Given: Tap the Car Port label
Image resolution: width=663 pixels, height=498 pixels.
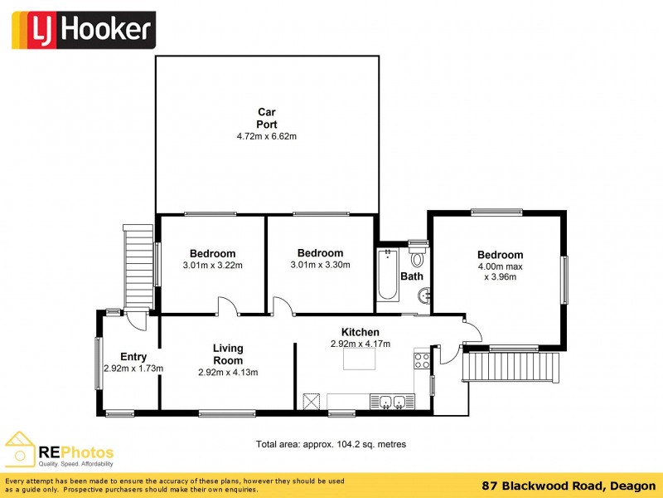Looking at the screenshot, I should tap(267, 118).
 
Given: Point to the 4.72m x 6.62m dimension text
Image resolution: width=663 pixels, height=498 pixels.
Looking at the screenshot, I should tap(267, 136).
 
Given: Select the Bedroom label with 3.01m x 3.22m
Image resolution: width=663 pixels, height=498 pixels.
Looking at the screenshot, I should tap(212, 254).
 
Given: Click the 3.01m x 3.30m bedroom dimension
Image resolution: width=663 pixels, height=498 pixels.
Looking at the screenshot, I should tap(320, 266).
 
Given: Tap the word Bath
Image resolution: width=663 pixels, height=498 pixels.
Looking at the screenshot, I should tap(412, 276).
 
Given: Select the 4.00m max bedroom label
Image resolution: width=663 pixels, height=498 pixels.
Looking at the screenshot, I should tap(500, 266).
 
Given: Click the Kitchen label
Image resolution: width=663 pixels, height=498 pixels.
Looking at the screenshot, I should tap(361, 332).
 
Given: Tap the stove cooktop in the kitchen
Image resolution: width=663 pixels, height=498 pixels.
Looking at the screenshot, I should tap(421, 360).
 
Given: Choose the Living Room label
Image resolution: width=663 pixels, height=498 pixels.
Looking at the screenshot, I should tap(228, 354).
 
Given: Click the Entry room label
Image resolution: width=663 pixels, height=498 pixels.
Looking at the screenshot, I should tap(133, 357).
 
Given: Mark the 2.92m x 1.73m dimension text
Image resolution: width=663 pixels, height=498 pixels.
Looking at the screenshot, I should tap(133, 369).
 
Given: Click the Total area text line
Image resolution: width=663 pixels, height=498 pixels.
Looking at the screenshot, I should tap(331, 445).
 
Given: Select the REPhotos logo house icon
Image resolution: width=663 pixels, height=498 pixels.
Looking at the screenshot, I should tap(21, 449).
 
